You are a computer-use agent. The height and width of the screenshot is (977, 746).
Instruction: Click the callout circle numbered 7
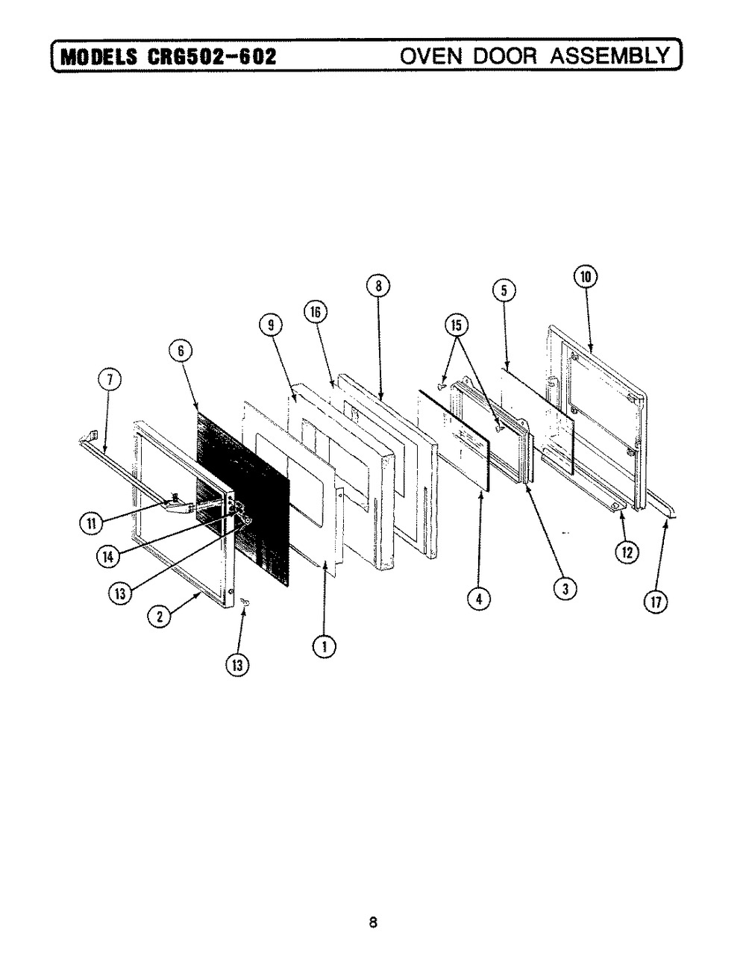pyautogui.click(x=109, y=381)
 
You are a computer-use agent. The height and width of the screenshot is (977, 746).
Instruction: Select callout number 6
pyautogui.click(x=184, y=351)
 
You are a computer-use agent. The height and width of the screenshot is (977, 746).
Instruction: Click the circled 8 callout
pyautogui.click(x=378, y=286)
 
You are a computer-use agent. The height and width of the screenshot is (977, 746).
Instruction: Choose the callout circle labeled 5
pyautogui.click(x=504, y=291)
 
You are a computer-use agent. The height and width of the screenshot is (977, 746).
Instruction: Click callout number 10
pyautogui.click(x=586, y=276)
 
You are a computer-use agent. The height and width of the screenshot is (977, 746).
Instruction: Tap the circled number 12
pyautogui.click(x=626, y=552)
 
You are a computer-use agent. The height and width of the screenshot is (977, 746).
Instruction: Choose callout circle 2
pyautogui.click(x=158, y=616)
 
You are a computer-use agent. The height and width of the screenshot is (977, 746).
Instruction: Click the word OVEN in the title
pyautogui.click(x=429, y=56)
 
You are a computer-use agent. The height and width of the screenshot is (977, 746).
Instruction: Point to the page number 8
pyautogui.click(x=373, y=922)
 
